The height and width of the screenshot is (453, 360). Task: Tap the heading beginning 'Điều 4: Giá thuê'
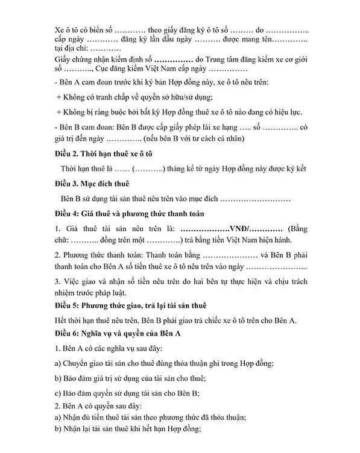(x=129, y=213)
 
